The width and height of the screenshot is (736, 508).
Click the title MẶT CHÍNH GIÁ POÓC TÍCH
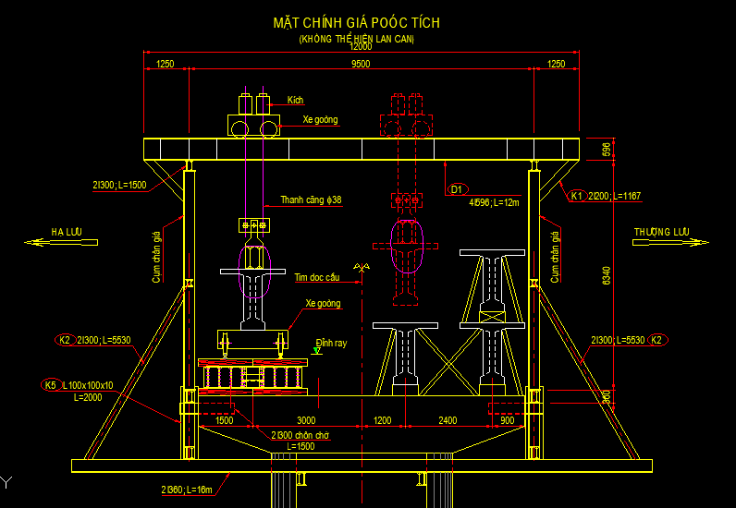(356, 22)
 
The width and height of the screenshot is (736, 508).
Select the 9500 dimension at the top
(361, 64)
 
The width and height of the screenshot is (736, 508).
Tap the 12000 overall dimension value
(361, 47)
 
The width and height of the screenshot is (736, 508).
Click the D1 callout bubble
(456, 189)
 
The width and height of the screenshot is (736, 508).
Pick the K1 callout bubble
(576, 196)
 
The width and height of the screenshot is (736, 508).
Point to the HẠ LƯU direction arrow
(61, 242)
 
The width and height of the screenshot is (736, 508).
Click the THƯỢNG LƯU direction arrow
(669, 242)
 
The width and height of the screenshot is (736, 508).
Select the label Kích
(295, 100)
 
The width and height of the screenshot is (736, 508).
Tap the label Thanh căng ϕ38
(311, 200)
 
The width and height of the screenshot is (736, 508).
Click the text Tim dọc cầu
(317, 276)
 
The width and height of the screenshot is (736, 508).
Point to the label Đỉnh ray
(330, 342)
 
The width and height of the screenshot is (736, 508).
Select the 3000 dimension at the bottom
(292, 420)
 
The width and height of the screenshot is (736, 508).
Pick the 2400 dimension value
(447, 420)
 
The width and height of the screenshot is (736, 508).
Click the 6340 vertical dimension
(606, 275)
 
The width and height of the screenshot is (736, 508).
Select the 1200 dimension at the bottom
(383, 420)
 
